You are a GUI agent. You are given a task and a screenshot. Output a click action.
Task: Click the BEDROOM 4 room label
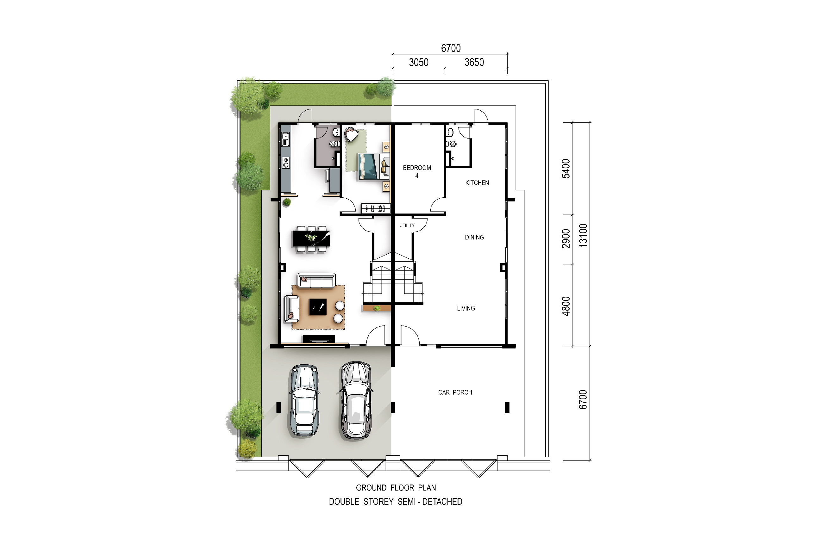click(417, 171)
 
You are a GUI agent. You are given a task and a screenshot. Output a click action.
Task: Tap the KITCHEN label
click(477, 183)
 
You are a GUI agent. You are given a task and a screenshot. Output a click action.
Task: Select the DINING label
click(474, 238)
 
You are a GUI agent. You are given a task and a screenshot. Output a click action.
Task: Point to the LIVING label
click(466, 308)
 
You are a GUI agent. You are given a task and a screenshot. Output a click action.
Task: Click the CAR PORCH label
click(455, 392)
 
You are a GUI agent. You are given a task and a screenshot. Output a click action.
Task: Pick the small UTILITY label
click(407, 226)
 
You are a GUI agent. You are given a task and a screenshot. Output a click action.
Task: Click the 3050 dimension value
click(419, 62)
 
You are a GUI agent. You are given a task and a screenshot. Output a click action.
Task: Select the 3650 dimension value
click(474, 62)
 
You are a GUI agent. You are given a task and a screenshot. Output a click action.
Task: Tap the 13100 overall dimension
click(583, 235)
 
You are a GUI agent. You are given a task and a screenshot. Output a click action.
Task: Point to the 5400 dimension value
click(566, 169)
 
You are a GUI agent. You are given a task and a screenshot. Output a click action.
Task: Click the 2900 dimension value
click(566, 238)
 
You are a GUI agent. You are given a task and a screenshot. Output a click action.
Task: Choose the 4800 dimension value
click(566, 306)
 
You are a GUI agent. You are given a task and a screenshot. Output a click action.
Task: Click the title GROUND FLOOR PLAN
click(396, 488)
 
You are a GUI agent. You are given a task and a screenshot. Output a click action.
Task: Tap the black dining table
click(312, 238)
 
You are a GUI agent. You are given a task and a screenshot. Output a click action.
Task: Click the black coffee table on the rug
click(318, 307)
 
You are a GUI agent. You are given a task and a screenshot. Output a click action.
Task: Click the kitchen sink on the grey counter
click(286, 139)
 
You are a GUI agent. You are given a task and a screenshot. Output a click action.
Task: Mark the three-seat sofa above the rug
click(316, 281)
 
